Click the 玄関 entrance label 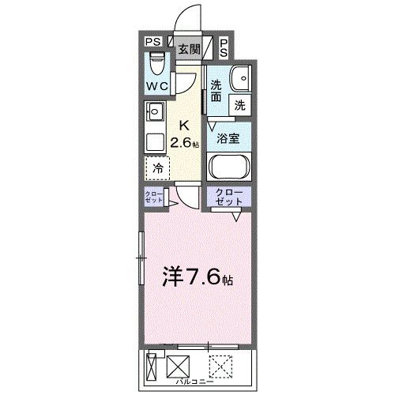click(x=188, y=49)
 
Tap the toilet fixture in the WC click(x=156, y=62)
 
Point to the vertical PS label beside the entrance click(x=224, y=48)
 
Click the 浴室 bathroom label click(x=229, y=137)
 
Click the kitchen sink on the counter click(x=153, y=111)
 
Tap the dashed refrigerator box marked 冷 click(x=156, y=168)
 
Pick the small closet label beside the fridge click(x=153, y=197)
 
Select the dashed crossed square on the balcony click(x=220, y=367)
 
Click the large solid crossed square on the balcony click(x=178, y=367)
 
